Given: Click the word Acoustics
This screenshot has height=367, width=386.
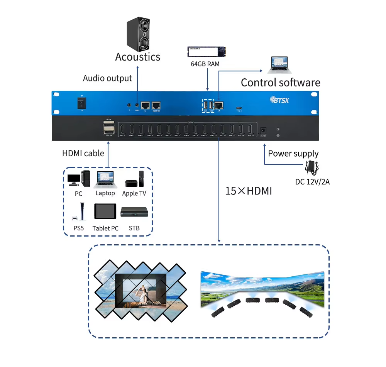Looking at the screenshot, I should pyautogui.click(x=137, y=57).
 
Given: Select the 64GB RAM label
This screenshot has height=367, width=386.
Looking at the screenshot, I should pyautogui.click(x=205, y=64).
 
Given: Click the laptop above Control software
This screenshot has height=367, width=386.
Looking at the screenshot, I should pyautogui.click(x=280, y=65).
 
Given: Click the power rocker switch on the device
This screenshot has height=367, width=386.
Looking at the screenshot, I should pyautogui.click(x=81, y=103).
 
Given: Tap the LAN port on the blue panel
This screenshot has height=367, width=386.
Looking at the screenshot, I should pyautogui.click(x=219, y=105).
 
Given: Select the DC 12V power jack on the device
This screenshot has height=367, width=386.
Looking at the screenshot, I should pyautogui.click(x=264, y=131).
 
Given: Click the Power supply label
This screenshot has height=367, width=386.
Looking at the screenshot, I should pyautogui.click(x=293, y=154).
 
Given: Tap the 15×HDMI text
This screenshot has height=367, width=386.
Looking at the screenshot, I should pyautogui.click(x=249, y=191).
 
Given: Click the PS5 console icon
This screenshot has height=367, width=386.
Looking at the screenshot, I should pyautogui.click(x=80, y=212).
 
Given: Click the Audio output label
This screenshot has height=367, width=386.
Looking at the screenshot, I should pyautogui.click(x=107, y=78).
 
